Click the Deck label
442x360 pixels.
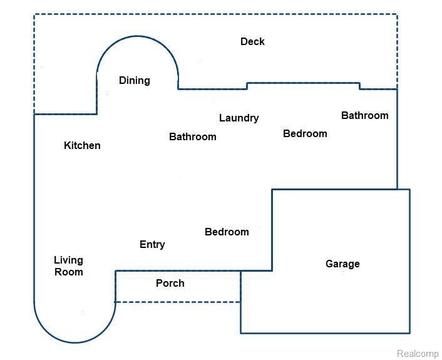[252, 42]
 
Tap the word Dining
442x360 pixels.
[135, 81]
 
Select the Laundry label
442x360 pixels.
[239, 118]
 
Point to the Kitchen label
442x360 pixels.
[82, 146]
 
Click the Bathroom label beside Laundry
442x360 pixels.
[193, 136]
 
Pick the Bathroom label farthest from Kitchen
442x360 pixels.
[364, 116]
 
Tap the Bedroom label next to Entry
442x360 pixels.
[227, 232]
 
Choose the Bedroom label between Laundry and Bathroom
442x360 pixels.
[305, 134]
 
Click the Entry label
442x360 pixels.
[152, 245]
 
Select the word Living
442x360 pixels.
[68, 260]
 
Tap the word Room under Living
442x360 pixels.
[68, 272]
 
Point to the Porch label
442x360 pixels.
[170, 284]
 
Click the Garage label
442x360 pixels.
[342, 264]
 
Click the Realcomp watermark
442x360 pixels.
[418, 354]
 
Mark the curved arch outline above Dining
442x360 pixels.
[138, 36]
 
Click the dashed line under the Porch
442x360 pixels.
[178, 302]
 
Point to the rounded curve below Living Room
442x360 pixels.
[75, 342]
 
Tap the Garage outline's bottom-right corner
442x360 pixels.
[409, 333]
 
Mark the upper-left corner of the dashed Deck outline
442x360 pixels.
[34, 14]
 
